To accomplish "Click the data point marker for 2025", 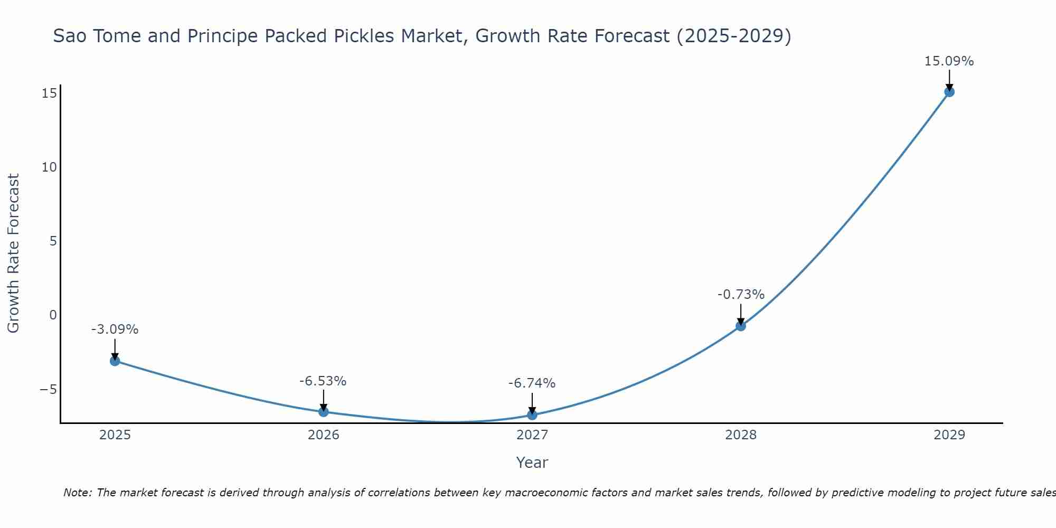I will click(115, 361).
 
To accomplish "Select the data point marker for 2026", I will click(323, 411).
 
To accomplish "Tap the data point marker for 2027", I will click(532, 415).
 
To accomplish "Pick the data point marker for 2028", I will click(740, 326).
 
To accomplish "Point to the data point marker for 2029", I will click(949, 92).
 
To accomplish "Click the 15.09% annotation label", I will click(949, 61).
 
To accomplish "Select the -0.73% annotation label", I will click(740, 295).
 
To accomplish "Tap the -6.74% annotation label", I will click(532, 383).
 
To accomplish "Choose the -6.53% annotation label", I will click(323, 381).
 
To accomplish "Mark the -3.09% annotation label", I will click(115, 329).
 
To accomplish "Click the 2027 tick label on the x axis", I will click(532, 435).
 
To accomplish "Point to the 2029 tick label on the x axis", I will click(949, 435).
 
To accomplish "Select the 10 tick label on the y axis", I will click(49, 167).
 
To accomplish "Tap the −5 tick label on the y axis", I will click(48, 390).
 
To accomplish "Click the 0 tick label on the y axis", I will click(53, 315).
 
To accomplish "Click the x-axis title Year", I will click(532, 463).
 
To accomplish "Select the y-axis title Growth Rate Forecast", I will click(13, 253).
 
